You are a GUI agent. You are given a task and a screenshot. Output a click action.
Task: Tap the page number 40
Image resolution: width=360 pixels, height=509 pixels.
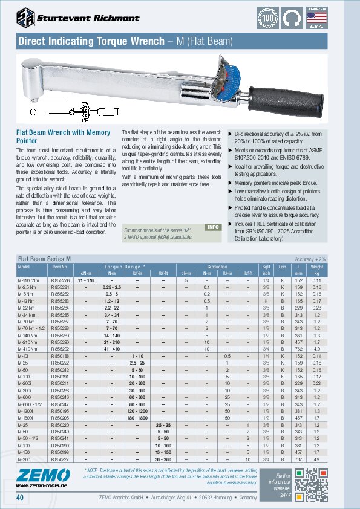19,498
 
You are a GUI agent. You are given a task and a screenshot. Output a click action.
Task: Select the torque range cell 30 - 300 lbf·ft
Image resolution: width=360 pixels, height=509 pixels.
163,459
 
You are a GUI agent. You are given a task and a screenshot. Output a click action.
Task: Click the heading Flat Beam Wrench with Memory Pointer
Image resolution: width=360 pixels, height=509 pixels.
63,136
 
